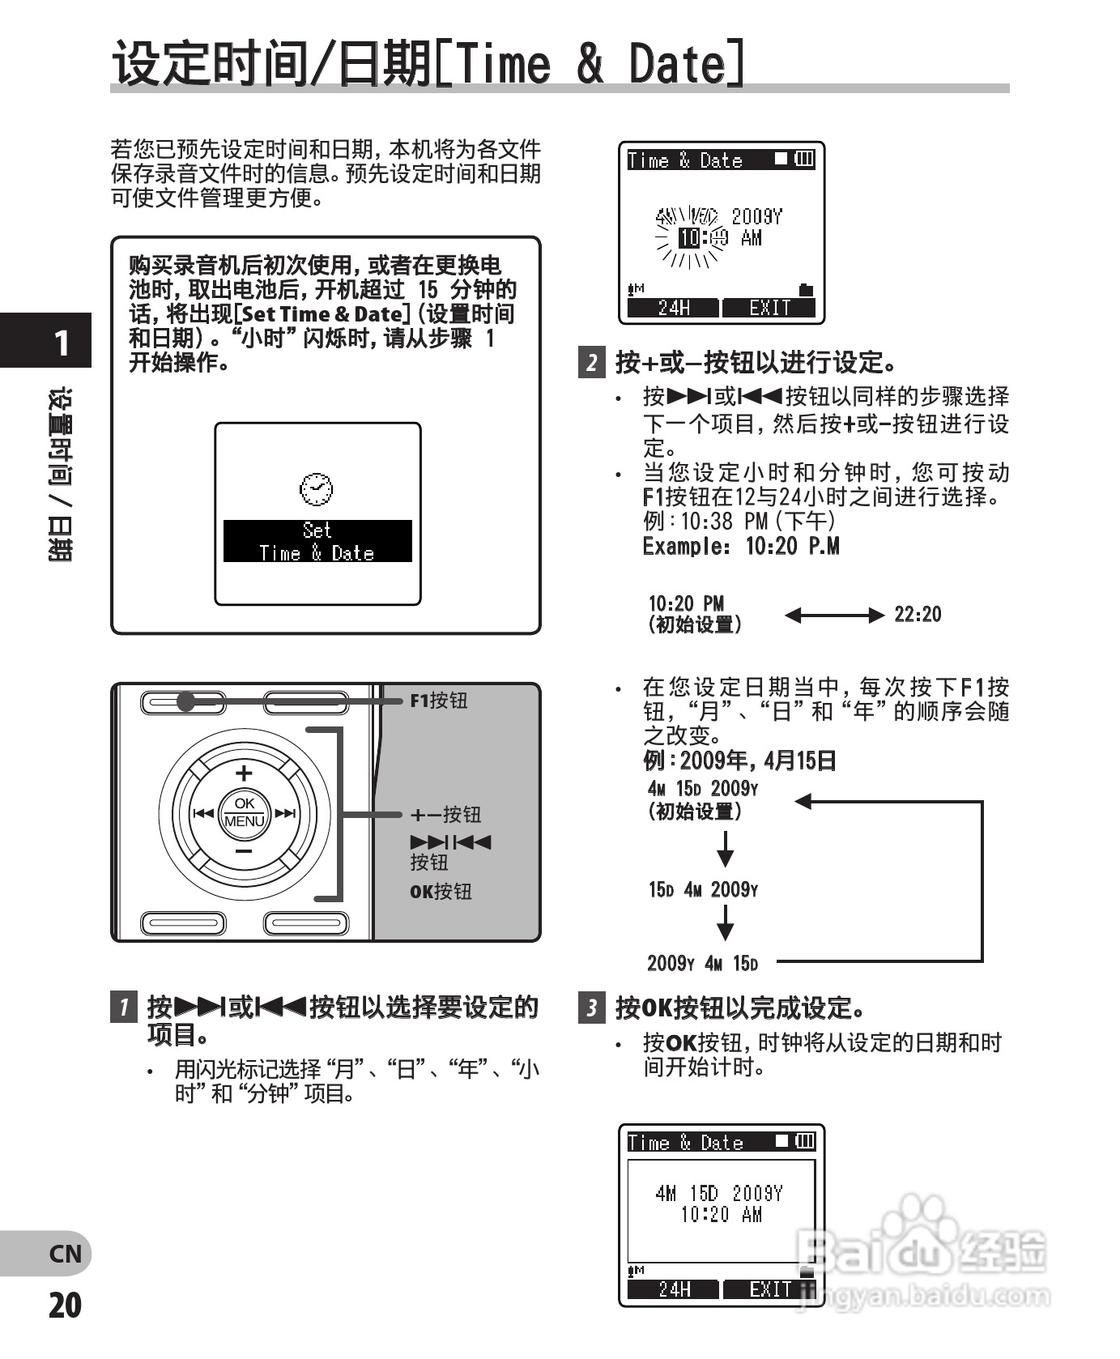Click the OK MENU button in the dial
[245, 812]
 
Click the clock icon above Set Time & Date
[316, 488]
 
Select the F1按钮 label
[438, 701]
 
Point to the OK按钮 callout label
[440, 892]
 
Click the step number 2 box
[592, 362]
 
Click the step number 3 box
[592, 1008]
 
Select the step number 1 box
[123, 1008]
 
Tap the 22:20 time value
[917, 615]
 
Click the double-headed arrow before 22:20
[834, 616]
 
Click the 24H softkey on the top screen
[673, 309]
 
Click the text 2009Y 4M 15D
[702, 964]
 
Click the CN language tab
[65, 1254]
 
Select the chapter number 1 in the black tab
[62, 343]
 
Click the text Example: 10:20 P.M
[740, 547]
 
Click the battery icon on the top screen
[804, 160]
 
